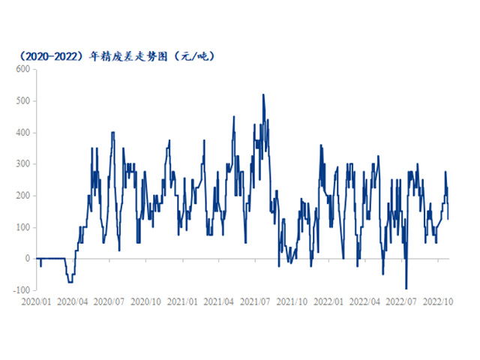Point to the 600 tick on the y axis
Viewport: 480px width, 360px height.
22,69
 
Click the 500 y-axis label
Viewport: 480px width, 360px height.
22,100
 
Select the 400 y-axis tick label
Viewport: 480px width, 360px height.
22,133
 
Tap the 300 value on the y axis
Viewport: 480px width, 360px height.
22,164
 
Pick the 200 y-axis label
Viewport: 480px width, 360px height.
22,196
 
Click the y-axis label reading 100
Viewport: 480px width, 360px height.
22,227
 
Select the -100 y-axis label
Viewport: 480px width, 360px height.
20,290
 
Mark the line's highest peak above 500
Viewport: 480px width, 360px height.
262,94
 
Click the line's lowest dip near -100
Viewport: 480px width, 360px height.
406,289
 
